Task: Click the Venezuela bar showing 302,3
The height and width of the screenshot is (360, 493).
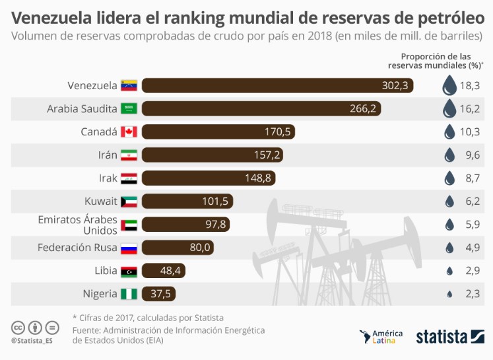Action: point(277,86)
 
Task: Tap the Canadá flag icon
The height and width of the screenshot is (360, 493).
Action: point(128,132)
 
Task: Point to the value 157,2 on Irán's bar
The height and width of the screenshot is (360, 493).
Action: point(268,155)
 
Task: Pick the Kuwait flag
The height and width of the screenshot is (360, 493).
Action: point(128,201)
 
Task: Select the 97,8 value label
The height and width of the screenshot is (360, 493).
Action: point(216,225)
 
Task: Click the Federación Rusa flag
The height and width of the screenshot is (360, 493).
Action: point(128,248)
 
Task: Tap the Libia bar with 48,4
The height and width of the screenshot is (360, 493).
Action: point(165,271)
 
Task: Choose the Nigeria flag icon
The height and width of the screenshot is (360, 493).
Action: point(128,294)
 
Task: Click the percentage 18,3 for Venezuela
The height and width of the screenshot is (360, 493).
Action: point(470,86)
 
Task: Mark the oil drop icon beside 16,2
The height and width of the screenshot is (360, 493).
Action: point(449,109)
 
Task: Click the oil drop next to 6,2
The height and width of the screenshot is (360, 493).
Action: point(449,201)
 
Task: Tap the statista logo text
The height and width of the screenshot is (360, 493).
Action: point(442,337)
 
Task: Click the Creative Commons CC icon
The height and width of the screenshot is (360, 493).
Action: point(18,327)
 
